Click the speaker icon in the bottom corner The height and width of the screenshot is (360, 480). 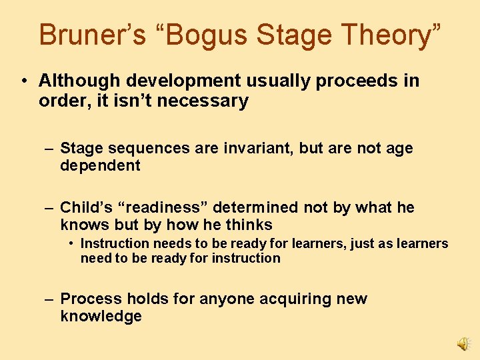coord(463,343)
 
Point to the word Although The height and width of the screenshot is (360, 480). coord(76,81)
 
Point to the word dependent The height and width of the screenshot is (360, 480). coord(100,166)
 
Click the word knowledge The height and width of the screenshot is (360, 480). coord(101,316)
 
